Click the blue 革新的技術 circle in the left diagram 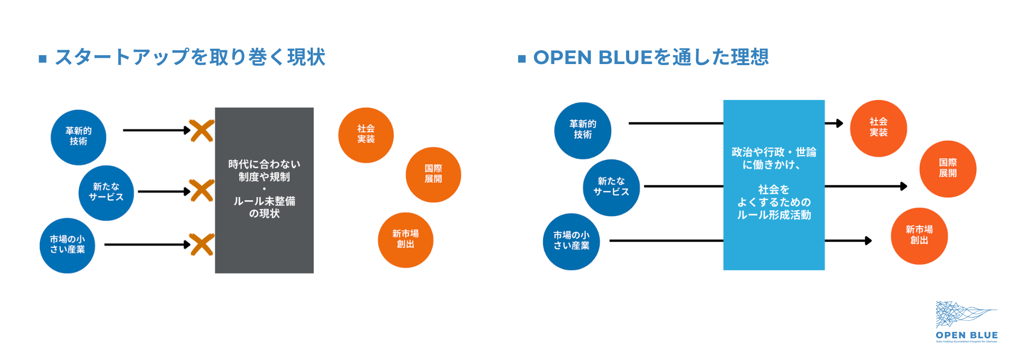pos(78,137)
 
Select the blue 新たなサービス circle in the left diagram pos(106,193)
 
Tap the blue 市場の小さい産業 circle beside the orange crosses pos(67,245)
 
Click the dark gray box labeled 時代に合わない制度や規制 pos(264,190)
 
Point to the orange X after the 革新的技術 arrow pos(202,131)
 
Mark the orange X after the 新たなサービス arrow pos(202,191)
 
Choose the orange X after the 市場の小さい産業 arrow pos(202,245)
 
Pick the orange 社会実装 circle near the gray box pos(366,135)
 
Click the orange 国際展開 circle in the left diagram pos(433,174)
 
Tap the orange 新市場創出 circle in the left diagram pos(405,240)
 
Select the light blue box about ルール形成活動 pos(774,185)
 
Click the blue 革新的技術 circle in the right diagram pos(583,130)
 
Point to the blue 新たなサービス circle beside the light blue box pos(611,187)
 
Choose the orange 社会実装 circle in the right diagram pos(878,128)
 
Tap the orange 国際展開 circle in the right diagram pos(948,169)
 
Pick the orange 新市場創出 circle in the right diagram pos(919,236)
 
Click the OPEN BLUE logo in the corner pos(966,322)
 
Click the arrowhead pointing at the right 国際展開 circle pos(904,186)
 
